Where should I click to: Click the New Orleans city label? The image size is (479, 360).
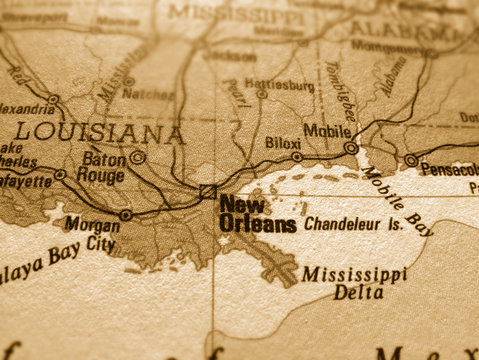click(x=256, y=215)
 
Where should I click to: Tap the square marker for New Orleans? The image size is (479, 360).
click(x=207, y=191)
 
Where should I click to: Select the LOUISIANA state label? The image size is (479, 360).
click(x=100, y=133)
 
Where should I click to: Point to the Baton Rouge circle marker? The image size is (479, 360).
click(x=138, y=157)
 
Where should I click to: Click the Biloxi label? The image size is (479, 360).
click(x=283, y=143)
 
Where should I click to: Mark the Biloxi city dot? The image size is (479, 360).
click(x=297, y=157)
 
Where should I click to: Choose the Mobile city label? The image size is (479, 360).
click(x=327, y=130)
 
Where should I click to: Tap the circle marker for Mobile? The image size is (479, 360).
click(x=351, y=148)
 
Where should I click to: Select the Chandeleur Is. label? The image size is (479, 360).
click(x=354, y=224)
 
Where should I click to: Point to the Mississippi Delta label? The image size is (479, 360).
click(x=355, y=283)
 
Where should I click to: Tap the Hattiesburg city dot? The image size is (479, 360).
click(x=262, y=94)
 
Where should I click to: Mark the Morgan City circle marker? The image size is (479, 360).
click(x=125, y=214)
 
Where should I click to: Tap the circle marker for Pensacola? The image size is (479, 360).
click(x=411, y=160)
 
